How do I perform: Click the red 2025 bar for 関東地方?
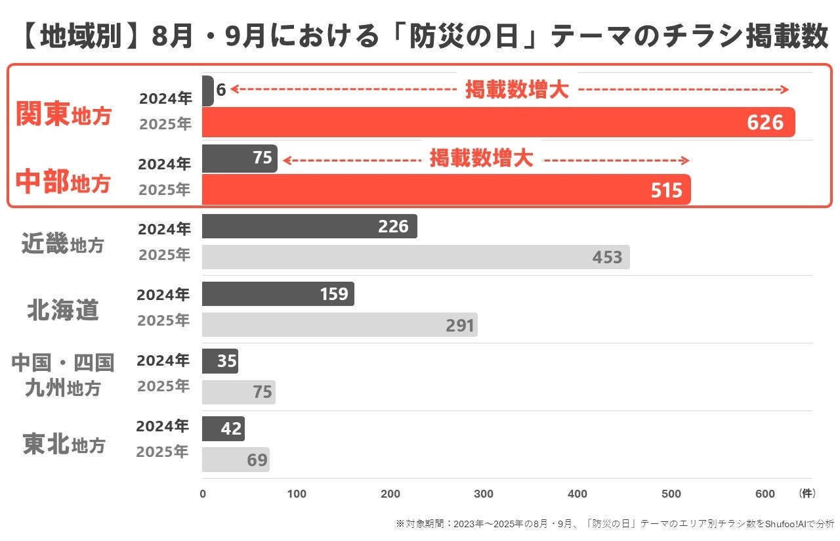coord(498,122)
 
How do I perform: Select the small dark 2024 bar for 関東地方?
coord(208,91)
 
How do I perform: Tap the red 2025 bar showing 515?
coord(446,190)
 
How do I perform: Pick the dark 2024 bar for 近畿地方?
coord(309,227)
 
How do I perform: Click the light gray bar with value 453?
coord(416,257)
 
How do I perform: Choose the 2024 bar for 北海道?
coord(278,293)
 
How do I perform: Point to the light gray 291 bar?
coord(340,324)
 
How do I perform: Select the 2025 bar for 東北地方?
coord(236,459)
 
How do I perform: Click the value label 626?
coord(765,122)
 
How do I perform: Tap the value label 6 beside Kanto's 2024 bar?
coord(221,90)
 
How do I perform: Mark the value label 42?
coord(230,429)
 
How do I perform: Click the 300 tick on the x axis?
coord(484,494)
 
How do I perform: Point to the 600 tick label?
coord(765,494)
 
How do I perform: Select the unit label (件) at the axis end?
coord(807,493)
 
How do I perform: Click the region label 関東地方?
coord(64,114)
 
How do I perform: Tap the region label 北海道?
coord(63,311)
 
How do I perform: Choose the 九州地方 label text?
coord(63,387)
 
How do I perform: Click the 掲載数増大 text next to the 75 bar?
coord(481,158)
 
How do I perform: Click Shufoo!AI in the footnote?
coord(786,524)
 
